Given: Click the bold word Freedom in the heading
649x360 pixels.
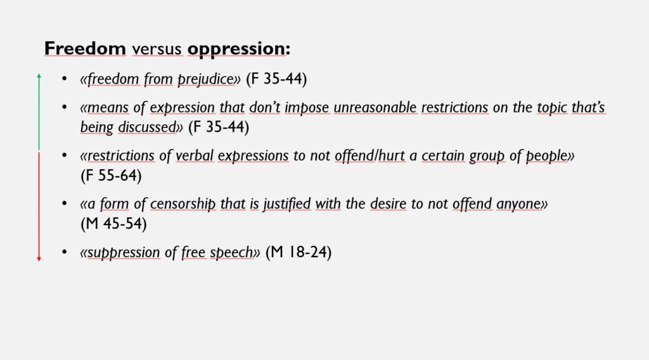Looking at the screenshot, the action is pos(85,48).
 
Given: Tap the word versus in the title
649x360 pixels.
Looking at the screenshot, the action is pos(157,49).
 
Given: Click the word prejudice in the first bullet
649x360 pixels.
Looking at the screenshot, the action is pos(205,79).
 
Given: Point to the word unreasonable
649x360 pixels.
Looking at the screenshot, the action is pos(375,107).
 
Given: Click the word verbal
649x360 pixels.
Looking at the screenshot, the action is pos(195,155).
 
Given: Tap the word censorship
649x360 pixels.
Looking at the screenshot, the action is pos(183,204).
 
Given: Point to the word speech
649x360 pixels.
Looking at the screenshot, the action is pos(231,252).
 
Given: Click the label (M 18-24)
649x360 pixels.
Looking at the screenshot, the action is pos(299,252).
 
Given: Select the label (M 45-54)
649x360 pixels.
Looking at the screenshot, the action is pos(114,224).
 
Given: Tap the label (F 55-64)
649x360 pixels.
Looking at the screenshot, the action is pos(111,176).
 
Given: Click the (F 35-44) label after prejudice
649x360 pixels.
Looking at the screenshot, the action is pos(276,79).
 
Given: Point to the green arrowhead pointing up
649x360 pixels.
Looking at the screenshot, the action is pos(39,75).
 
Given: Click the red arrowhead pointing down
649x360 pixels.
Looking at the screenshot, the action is pos(39,259).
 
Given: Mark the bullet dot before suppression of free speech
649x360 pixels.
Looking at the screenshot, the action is pos(64,252).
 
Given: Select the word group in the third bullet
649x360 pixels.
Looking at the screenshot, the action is pos(487,156).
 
